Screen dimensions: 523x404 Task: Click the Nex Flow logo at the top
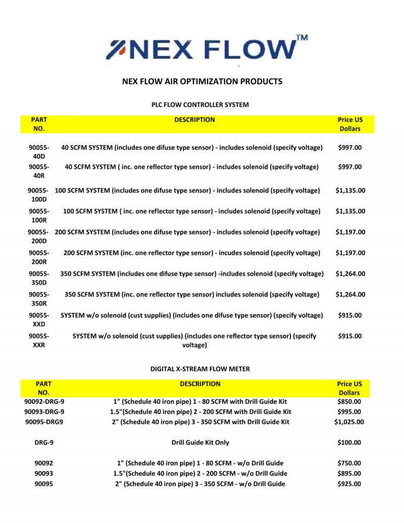pos(202,49)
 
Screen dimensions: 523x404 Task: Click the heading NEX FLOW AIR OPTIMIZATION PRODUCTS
pos(203,81)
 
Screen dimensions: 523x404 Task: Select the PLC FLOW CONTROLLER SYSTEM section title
pos(200,105)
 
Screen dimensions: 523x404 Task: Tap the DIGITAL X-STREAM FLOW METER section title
pos(200,369)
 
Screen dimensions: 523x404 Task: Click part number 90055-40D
pos(39,152)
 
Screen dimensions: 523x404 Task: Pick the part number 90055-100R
pos(39,216)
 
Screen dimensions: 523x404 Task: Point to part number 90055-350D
pos(39,278)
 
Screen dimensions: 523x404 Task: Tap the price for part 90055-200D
pos(350,232)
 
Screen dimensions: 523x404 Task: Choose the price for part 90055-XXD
pos(350,315)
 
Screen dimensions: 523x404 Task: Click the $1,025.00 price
pos(349,422)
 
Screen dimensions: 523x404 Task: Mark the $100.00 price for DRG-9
pos(349,443)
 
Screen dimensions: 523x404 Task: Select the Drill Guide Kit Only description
pos(200,443)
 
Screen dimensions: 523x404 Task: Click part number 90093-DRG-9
pos(44,412)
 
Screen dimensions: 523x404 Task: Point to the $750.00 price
pos(349,463)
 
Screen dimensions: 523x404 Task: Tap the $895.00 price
pos(349,473)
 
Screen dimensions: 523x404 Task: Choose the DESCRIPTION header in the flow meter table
pos(200,384)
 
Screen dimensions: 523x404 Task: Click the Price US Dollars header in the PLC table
pos(350,124)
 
